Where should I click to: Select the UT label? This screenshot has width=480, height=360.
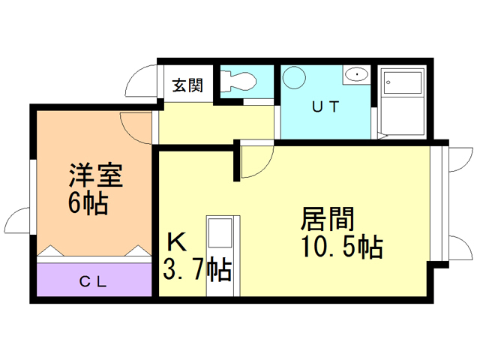click(x=325, y=106)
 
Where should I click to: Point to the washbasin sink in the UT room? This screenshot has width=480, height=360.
click(x=356, y=75)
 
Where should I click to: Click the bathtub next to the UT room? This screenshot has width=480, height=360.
click(x=401, y=104)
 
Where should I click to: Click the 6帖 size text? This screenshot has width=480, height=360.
click(x=88, y=202)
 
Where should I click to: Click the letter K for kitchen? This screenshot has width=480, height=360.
click(x=176, y=242)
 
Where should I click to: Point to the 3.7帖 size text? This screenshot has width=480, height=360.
click(x=196, y=268)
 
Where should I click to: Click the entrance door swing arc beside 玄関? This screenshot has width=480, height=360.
click(x=141, y=80)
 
